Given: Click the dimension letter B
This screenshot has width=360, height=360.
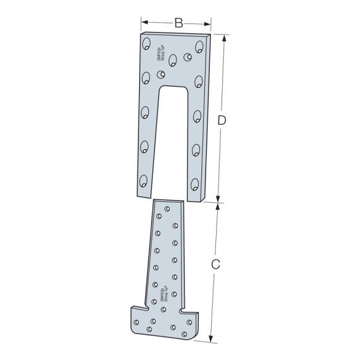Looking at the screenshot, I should point(178,23).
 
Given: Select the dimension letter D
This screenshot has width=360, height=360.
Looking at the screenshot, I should point(223,121).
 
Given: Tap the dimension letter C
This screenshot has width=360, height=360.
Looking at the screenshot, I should point(215,265).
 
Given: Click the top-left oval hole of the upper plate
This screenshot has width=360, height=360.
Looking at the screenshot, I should point(147,44).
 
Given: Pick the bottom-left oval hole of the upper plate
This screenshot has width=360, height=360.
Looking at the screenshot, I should point(143,181).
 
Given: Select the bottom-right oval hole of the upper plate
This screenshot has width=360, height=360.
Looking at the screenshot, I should point(194,184).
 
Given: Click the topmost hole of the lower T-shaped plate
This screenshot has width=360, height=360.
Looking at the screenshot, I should point(167,209).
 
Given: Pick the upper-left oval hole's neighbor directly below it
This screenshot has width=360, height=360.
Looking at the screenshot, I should point(146,78).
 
